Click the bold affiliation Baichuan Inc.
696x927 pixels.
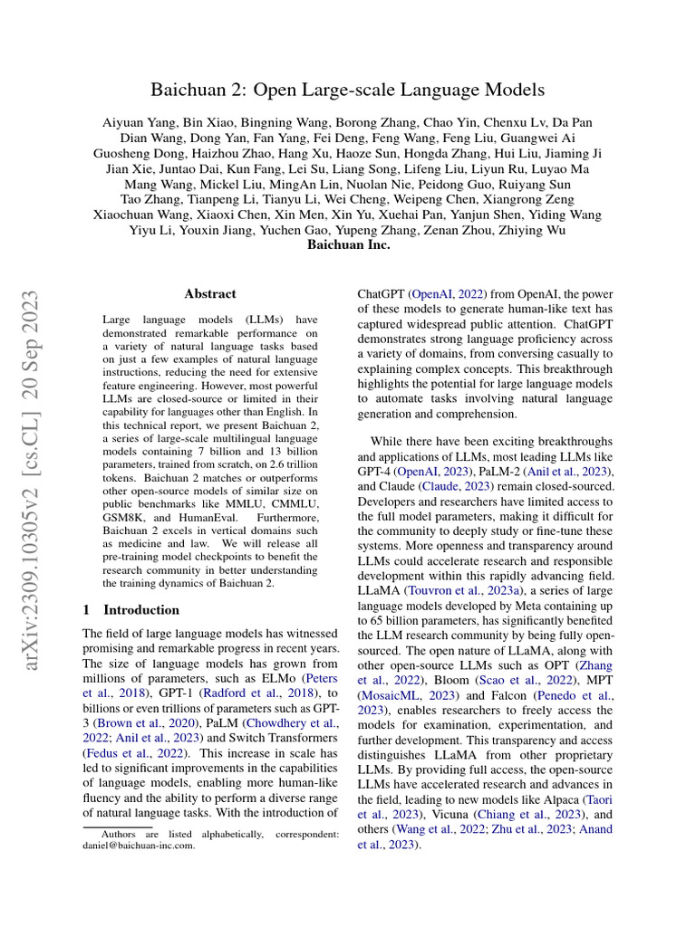tap(349, 244)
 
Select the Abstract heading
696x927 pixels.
tap(210, 293)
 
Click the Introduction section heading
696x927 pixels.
tap(141, 609)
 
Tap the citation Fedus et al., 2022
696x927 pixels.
tap(135, 751)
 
